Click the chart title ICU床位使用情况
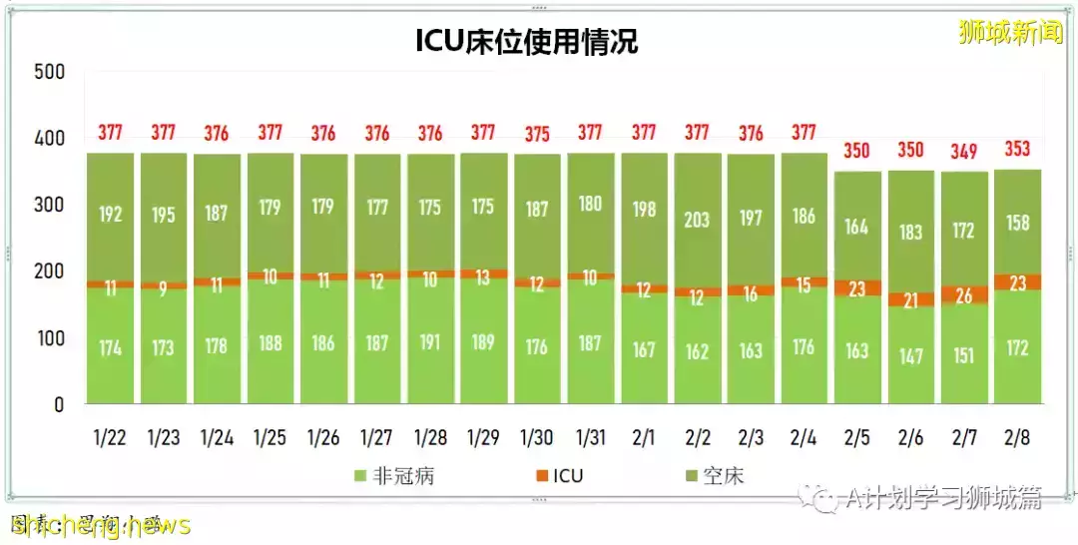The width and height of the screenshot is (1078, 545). click(526, 42)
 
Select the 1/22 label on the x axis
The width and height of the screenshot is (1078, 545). click(109, 438)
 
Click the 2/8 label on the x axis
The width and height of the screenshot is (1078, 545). click(1015, 438)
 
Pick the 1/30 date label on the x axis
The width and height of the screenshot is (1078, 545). click(536, 438)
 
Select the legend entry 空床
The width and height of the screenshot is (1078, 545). click(722, 476)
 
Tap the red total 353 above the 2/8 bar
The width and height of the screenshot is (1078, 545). click(1016, 150)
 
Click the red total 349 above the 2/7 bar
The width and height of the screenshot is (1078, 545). click(963, 151)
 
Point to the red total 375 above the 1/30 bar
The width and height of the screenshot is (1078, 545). click(536, 133)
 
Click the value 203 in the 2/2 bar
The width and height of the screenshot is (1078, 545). click(697, 218)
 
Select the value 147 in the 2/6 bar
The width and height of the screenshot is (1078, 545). click(909, 356)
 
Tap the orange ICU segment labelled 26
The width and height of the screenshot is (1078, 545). click(963, 295)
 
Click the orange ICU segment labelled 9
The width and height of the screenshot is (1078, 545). click(163, 286)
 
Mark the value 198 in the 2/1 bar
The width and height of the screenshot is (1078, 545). click(643, 210)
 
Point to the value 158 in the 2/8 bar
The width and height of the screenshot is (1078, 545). click(1016, 221)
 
